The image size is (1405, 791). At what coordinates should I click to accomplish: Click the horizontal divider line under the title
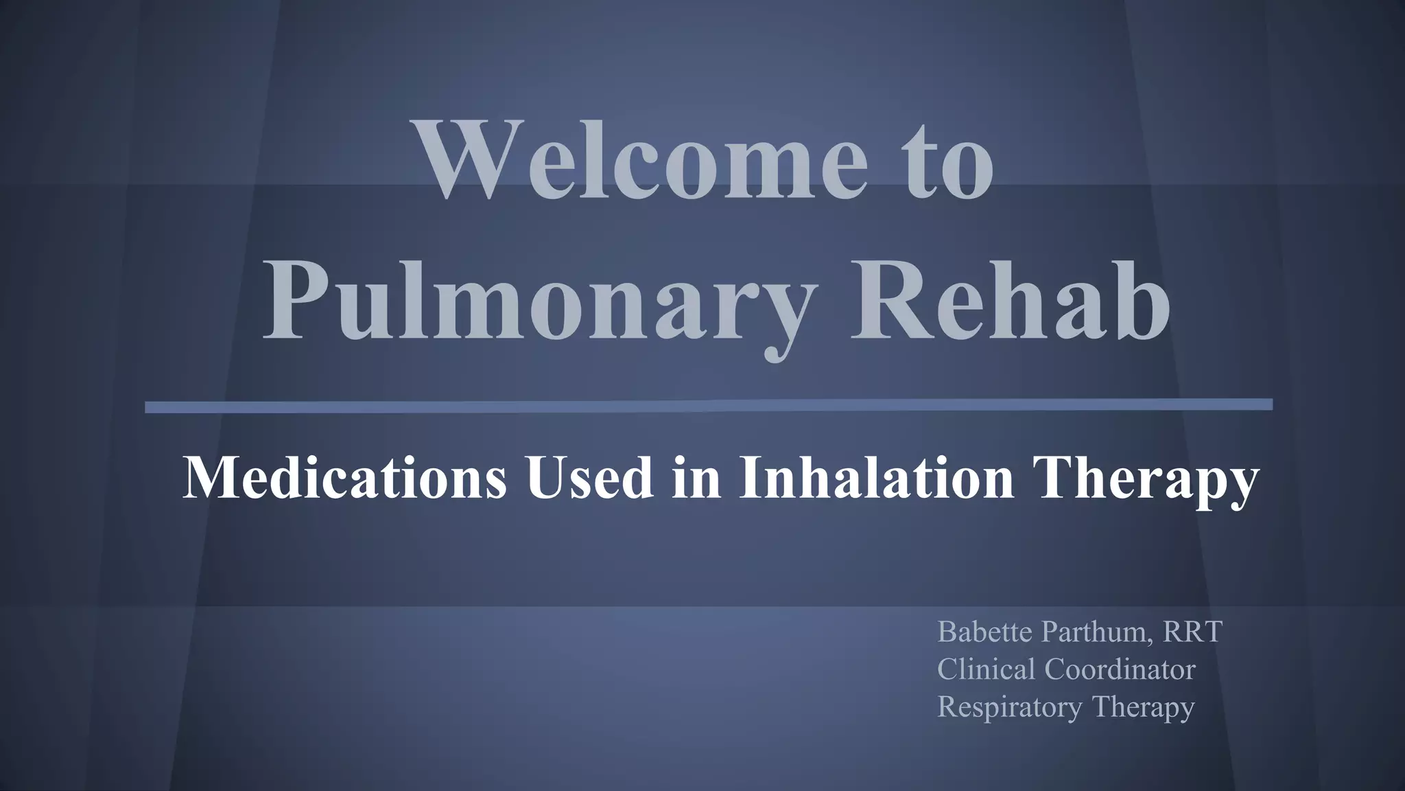pyautogui.click(x=709, y=406)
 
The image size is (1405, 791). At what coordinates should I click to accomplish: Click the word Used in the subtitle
pyautogui.click(x=589, y=478)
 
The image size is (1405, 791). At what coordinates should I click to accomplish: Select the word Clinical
pyautogui.click(x=987, y=669)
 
